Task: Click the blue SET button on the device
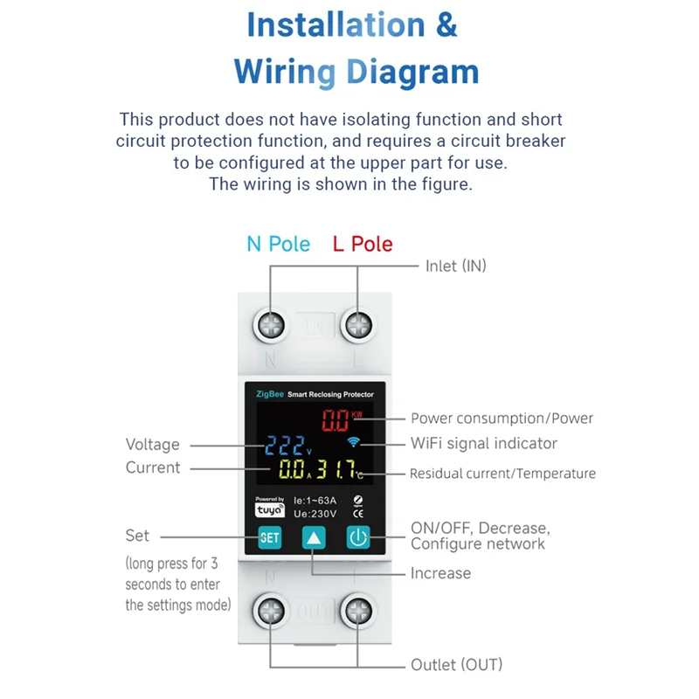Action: coord(270,537)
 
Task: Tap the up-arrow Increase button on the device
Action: coord(314,537)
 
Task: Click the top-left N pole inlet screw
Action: coord(271,326)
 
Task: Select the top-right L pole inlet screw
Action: coord(358,326)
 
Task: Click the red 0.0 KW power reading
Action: coord(337,420)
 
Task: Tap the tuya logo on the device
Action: coord(268,510)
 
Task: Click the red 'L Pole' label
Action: coord(363,244)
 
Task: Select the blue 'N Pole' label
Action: coord(278,244)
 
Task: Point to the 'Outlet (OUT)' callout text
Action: coord(457,665)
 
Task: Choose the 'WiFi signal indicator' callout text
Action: coord(484,443)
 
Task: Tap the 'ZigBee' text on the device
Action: coord(269,394)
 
